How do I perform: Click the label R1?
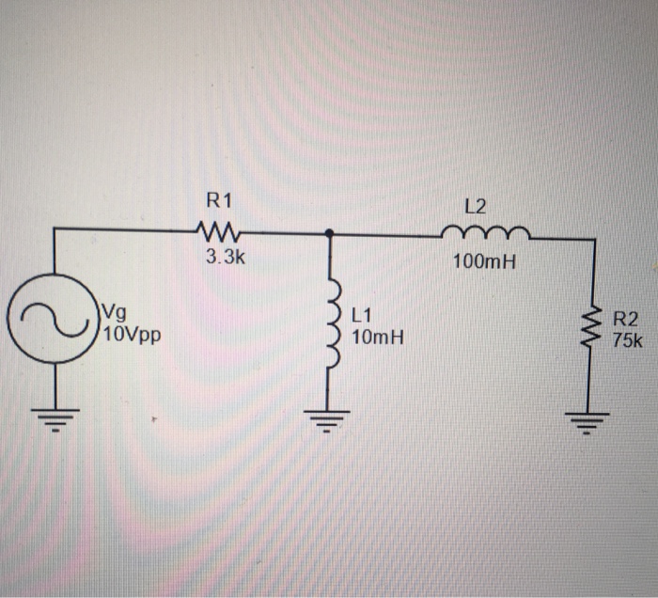(x=218, y=199)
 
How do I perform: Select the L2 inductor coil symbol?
(x=485, y=233)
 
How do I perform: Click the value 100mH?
(x=484, y=262)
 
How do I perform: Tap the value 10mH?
(x=376, y=334)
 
